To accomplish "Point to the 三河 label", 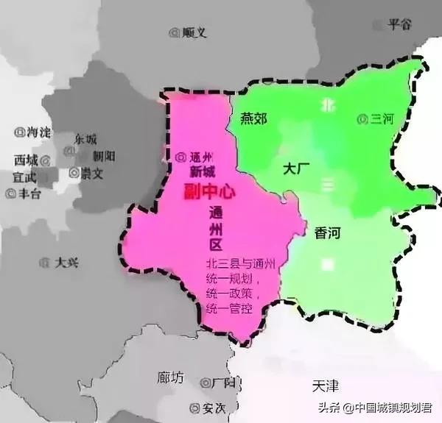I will [x=381, y=118].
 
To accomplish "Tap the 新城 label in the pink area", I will [x=203, y=171].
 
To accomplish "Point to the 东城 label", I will [x=85, y=139].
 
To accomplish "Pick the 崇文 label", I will [x=91, y=173].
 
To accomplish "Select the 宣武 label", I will [x=24, y=177].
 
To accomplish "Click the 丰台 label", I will [x=29, y=194].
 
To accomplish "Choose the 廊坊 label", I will [x=172, y=377].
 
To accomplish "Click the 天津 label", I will [x=325, y=385].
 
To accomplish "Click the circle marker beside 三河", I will [x=362, y=118].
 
